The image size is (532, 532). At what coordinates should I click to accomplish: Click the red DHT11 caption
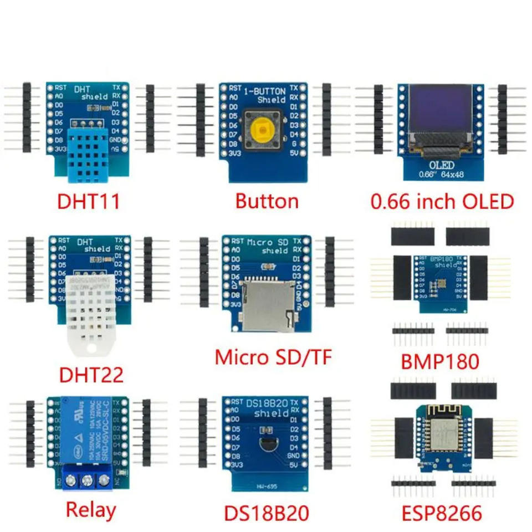click(89, 201)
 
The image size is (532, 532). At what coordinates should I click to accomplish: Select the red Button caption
click(267, 201)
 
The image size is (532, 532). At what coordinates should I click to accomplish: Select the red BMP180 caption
click(439, 361)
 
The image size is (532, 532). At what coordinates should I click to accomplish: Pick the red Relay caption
click(91, 510)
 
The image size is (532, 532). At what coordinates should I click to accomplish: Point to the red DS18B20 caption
click(266, 513)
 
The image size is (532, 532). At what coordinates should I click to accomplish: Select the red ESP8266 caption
click(442, 513)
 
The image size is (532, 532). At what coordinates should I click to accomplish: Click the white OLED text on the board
click(442, 165)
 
